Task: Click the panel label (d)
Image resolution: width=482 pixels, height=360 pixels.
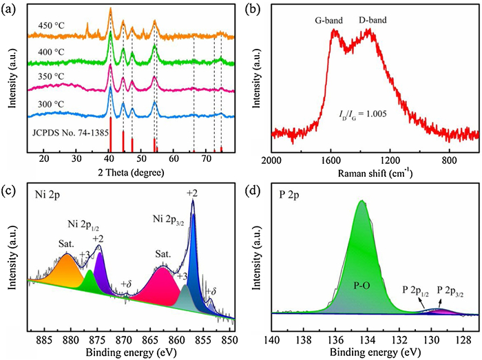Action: [x=252, y=189]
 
